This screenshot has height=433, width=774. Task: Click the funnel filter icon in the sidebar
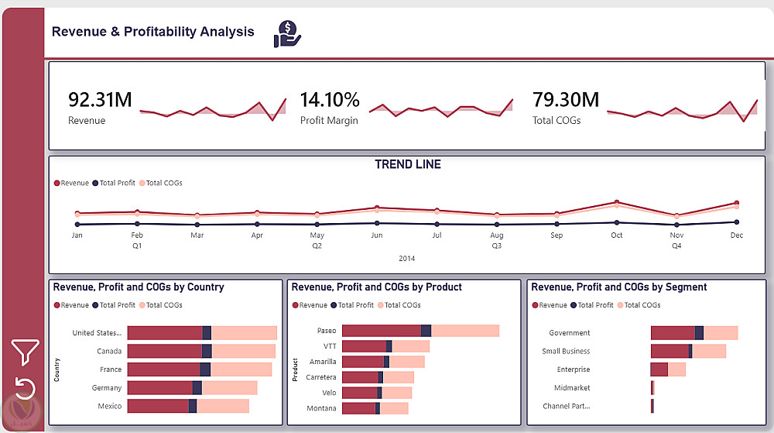[x=25, y=352]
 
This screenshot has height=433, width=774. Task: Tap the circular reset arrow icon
[x=25, y=387]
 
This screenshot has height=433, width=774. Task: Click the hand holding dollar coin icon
[x=287, y=34]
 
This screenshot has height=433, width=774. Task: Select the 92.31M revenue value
[x=100, y=100]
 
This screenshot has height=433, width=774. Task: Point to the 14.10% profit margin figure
[x=330, y=100]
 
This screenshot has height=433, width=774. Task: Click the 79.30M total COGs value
[x=566, y=100]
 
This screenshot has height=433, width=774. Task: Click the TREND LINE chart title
[x=408, y=164]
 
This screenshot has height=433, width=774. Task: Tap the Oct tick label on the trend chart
[x=616, y=235]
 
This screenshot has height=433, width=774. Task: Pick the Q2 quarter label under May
[x=317, y=246]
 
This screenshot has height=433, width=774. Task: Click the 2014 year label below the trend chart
[x=407, y=259]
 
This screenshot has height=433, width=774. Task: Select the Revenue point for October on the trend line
[x=616, y=202]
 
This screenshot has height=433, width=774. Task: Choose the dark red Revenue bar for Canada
[x=164, y=351]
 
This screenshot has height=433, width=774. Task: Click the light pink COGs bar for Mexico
[x=223, y=406]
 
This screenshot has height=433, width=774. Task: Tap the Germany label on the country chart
[x=107, y=387]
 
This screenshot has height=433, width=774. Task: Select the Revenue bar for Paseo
[x=381, y=331]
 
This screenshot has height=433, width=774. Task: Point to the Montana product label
[x=321, y=408]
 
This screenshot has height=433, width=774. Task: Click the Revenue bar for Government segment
[x=672, y=333]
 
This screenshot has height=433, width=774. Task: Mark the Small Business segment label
[x=566, y=351]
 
